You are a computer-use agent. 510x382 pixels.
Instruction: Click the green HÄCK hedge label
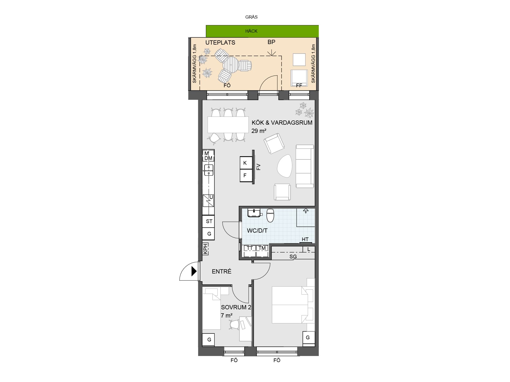[251, 31]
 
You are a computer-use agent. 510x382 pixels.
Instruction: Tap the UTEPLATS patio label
[220, 42]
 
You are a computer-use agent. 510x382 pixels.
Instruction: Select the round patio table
[231, 65]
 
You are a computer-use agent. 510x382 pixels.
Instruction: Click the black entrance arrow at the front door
[194, 271]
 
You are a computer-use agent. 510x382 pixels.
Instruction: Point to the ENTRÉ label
[222, 271]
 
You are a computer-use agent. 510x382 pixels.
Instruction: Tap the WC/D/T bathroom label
[257, 231]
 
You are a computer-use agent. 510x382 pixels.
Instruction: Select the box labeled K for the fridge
[246, 163]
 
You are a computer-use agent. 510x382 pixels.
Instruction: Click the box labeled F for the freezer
[246, 175]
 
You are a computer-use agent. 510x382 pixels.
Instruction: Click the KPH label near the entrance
[206, 249]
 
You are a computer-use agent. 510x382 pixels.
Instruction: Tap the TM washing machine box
[262, 251]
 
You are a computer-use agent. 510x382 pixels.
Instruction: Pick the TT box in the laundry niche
[250, 251]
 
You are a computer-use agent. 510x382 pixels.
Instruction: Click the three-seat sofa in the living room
[305, 166]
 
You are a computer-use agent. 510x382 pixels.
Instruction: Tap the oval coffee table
[285, 166]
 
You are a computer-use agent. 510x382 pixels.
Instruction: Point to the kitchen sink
[209, 170]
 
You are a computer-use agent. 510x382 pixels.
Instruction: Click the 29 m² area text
[259, 131]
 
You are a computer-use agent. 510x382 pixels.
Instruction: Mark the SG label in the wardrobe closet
[293, 257]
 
